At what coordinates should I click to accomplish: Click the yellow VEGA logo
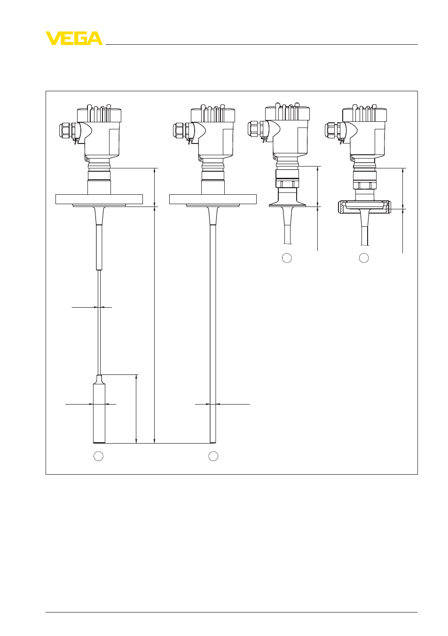click(x=74, y=38)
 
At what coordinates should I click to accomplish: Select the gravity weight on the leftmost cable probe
click(x=99, y=409)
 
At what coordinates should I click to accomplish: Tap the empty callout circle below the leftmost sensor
click(x=98, y=456)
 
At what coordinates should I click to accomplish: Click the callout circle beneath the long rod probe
click(x=213, y=456)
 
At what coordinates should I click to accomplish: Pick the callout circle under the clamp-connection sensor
click(x=287, y=258)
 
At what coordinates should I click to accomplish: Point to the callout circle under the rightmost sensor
click(x=364, y=258)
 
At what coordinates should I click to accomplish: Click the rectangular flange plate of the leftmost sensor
click(x=99, y=199)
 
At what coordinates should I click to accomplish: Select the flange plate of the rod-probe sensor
click(x=213, y=199)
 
